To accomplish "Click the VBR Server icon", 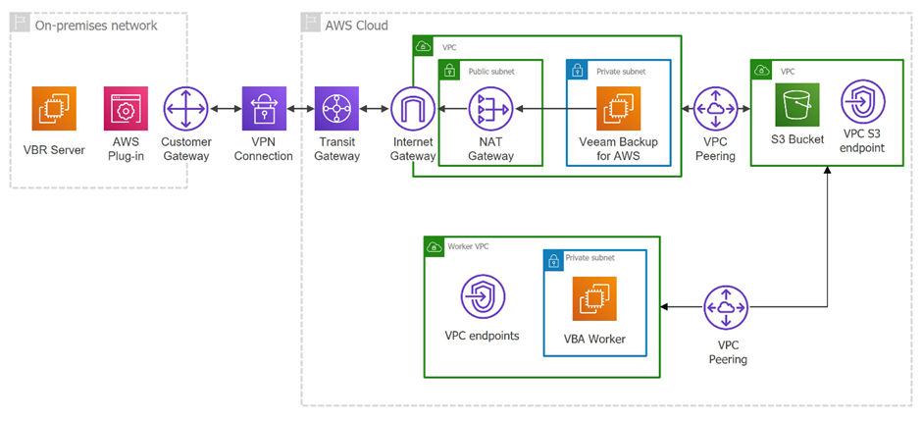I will click(54, 108).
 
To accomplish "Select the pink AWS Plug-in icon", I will click(126, 108).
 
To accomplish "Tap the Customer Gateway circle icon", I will click(186, 108).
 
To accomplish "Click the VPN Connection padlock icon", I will click(265, 108).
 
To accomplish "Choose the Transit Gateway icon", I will click(337, 108).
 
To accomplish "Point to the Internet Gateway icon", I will click(412, 108).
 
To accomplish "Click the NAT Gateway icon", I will click(490, 108).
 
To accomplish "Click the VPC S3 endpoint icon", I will click(863, 103).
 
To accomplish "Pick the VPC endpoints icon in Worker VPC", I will click(483, 297).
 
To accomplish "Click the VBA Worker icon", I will click(595, 299).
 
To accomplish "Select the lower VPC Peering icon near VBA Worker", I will click(727, 308).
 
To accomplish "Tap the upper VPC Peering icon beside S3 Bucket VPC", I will click(715, 108).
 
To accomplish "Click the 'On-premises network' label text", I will click(95, 25).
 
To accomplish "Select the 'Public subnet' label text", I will click(489, 72).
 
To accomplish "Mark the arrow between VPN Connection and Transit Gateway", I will click(301, 108).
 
